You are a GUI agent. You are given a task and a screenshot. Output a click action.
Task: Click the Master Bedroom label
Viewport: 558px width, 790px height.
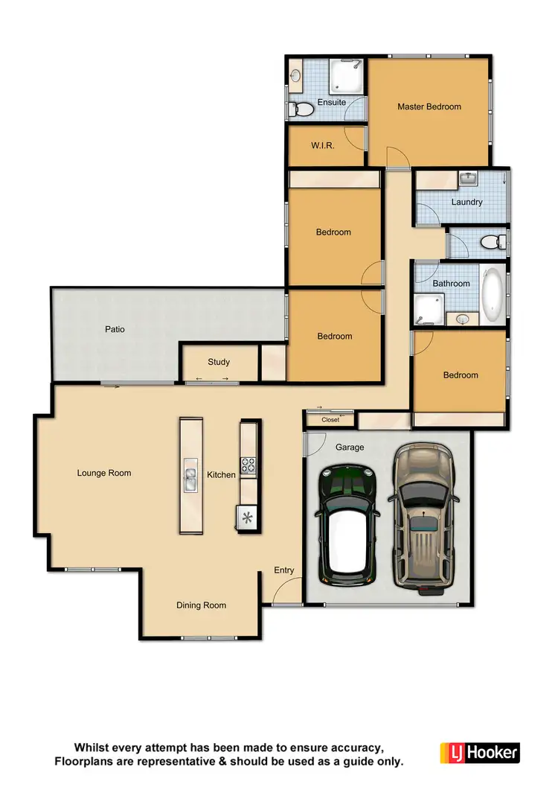point(429,106)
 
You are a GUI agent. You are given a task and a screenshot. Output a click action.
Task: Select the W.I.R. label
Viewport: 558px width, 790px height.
point(322,146)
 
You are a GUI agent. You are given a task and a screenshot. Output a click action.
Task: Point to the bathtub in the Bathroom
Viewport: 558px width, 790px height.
point(493,296)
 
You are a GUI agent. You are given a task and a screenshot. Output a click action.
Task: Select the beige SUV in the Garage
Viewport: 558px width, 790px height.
point(423,514)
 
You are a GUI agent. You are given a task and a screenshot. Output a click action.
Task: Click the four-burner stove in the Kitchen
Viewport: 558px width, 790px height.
point(247,466)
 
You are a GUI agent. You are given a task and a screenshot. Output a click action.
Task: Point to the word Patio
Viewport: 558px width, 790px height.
point(115,328)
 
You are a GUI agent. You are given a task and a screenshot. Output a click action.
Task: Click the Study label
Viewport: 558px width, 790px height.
point(219,362)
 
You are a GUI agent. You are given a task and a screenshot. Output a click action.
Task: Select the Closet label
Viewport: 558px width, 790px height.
point(330,420)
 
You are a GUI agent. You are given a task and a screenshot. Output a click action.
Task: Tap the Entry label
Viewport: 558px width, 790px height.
point(284,570)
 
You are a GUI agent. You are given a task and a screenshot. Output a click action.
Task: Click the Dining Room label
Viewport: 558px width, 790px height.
point(201,605)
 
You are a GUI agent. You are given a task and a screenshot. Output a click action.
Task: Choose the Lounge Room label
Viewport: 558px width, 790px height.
point(104,473)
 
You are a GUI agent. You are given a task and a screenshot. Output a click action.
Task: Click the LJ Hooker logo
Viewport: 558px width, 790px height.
point(479,752)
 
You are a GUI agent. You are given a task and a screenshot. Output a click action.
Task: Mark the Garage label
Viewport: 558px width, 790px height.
point(350,447)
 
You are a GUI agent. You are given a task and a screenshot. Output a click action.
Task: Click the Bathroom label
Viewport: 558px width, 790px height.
point(452,284)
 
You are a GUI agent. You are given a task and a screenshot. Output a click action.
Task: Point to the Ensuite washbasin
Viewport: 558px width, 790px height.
point(297,75)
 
